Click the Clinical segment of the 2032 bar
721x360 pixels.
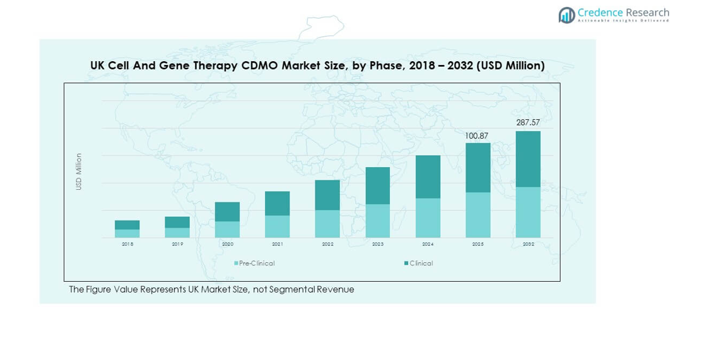pyautogui.click(x=528, y=159)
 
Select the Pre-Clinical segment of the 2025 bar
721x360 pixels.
pyautogui.click(x=478, y=215)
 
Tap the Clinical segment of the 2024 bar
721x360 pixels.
pyautogui.click(x=428, y=177)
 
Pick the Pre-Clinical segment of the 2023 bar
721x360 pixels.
pyautogui.click(x=378, y=221)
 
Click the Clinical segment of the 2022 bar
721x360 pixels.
pyautogui.click(x=327, y=195)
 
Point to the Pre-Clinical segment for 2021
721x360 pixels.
pyautogui.click(x=278, y=226)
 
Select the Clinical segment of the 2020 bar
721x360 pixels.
pyautogui.click(x=227, y=212)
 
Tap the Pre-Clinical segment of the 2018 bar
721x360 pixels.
pyautogui.click(x=127, y=233)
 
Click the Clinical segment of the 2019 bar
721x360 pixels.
pyautogui.click(x=177, y=222)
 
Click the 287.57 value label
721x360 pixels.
pyautogui.click(x=528, y=122)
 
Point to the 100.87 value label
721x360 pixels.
pyautogui.click(x=477, y=136)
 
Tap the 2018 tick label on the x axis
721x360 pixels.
pyautogui.click(x=127, y=244)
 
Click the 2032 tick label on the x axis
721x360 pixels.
pyautogui.click(x=528, y=244)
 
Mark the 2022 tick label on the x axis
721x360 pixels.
pyautogui.click(x=327, y=244)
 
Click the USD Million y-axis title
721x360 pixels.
pyautogui.click(x=79, y=171)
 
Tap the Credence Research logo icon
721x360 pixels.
pyautogui.click(x=566, y=15)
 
